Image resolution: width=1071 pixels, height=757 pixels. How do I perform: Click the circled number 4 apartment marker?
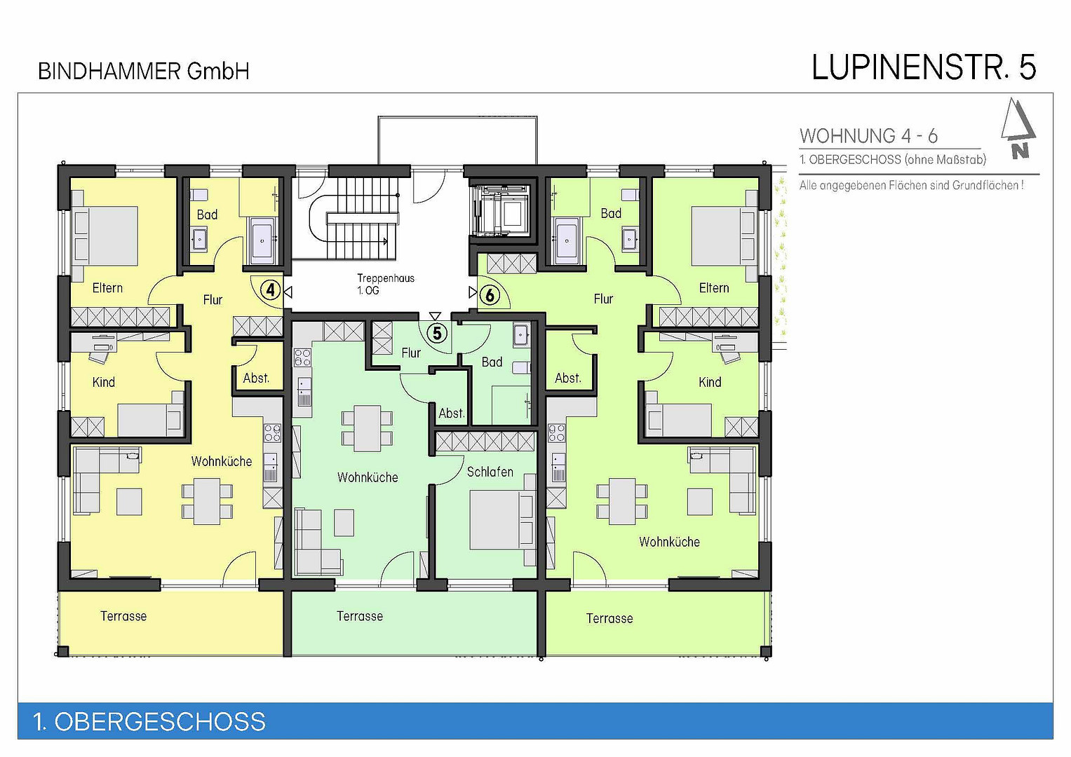click(271, 290)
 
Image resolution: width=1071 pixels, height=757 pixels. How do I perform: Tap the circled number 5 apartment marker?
click(436, 333)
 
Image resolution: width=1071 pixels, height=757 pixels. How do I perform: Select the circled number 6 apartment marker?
click(490, 295)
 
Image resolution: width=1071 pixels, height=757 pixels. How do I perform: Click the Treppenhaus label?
click(385, 278)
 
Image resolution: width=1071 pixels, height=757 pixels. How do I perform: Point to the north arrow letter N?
click(1020, 151)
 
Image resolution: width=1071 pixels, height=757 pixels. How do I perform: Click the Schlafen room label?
click(490, 472)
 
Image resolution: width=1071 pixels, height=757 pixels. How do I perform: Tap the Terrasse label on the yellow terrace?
click(123, 616)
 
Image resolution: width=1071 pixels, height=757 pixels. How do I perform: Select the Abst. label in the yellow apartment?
click(256, 378)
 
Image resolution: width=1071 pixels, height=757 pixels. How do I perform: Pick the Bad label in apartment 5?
click(492, 362)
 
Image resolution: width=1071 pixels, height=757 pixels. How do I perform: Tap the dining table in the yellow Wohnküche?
click(206, 502)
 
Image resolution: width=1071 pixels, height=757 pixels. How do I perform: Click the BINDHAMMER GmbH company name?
click(144, 71)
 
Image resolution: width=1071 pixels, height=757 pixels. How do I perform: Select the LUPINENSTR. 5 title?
click(924, 67)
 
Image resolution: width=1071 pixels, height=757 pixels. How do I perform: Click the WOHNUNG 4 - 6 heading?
click(868, 136)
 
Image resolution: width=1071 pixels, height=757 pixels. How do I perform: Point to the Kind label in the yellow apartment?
click(103, 382)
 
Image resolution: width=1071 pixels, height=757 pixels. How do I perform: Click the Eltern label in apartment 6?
click(714, 287)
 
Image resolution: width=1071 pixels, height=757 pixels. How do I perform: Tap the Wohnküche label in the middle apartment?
click(368, 477)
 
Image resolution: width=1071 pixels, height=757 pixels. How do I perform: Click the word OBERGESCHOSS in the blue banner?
click(160, 722)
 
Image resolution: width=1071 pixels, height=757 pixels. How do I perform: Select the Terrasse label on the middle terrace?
click(360, 616)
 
